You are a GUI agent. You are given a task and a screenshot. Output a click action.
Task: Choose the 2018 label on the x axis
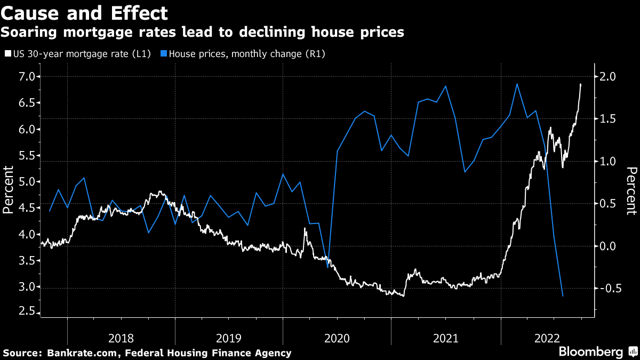click(121, 338)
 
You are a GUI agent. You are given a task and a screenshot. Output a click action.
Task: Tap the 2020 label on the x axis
click(337, 338)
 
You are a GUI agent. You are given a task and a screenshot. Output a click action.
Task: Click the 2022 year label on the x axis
click(547, 338)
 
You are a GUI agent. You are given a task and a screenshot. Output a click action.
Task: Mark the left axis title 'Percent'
click(9, 190)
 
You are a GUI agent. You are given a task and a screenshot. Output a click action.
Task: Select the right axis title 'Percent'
click(631, 190)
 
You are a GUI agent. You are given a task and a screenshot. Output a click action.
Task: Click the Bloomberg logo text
click(590, 352)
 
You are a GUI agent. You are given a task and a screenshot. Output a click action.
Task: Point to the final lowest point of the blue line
click(563, 296)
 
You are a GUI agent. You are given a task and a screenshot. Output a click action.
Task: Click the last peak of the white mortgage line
click(580, 84)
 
